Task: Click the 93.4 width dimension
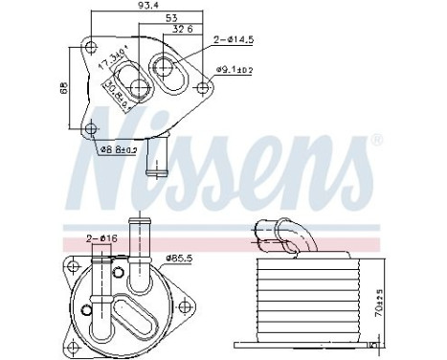(145, 9)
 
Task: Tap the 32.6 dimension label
(182, 31)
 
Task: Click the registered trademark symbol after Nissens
(375, 141)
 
